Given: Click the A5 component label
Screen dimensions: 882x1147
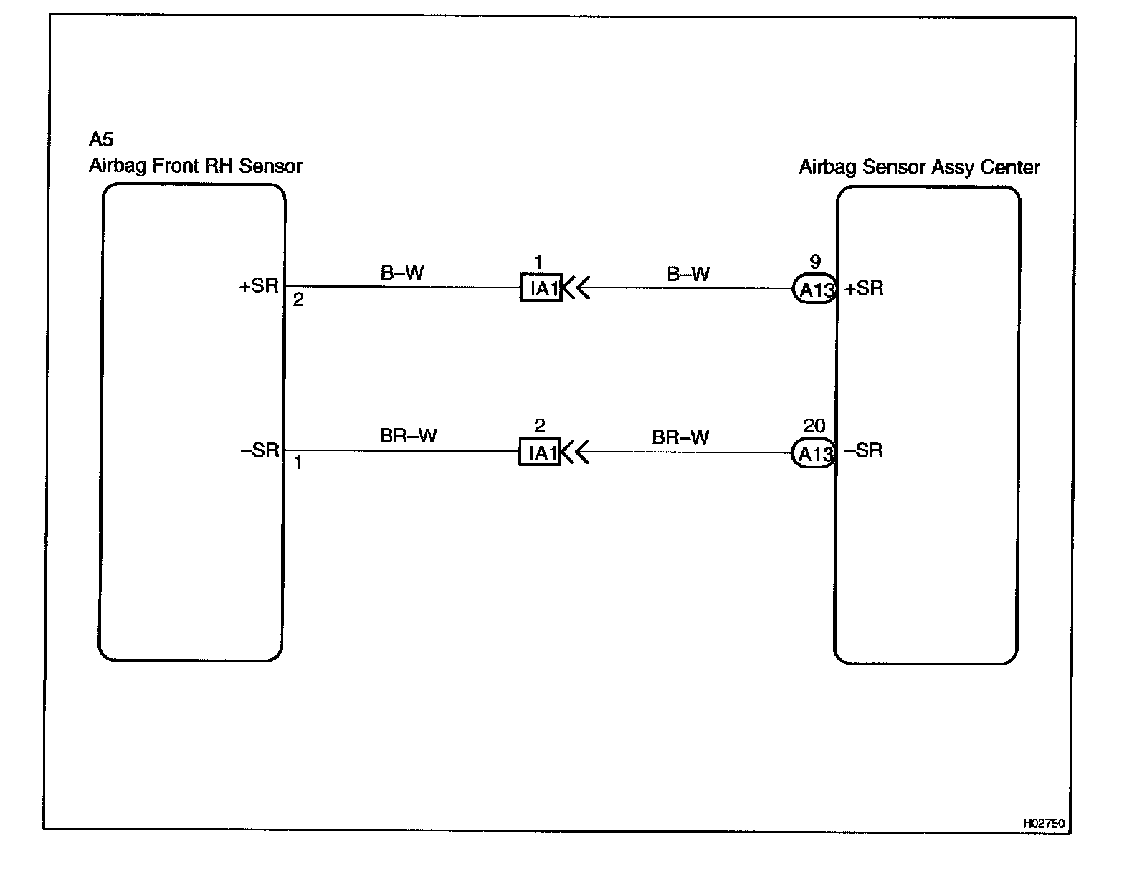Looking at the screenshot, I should point(101,139).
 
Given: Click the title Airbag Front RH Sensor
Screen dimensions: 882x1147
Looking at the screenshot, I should point(196,166).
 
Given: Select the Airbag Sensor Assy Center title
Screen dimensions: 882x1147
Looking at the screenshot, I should point(919,168).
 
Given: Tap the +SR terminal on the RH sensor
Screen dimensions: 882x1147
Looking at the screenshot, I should point(259,285).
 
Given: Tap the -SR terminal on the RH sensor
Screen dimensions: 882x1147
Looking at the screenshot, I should point(260,450).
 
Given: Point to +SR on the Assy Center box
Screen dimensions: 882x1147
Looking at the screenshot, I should point(864,288).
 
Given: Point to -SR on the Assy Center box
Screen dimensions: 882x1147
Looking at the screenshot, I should point(863,451).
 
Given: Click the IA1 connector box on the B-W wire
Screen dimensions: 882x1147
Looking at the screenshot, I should point(541,288).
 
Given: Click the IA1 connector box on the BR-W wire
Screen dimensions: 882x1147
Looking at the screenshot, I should point(540,453).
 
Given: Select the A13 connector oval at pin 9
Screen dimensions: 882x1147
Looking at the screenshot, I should point(815,289).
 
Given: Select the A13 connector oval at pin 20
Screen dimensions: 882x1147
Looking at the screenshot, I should point(814,453).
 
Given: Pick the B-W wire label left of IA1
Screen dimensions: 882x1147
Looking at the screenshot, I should point(402,273).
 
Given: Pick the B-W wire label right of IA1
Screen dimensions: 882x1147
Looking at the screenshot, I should point(688,275).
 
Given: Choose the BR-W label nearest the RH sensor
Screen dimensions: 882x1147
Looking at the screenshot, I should point(408,436).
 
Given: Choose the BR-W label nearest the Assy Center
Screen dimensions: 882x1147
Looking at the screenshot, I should point(680,437).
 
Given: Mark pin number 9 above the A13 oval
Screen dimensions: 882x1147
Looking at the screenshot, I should point(814,262).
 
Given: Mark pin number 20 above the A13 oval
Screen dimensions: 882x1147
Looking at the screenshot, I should point(814,427).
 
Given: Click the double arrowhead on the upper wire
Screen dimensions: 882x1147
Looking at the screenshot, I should point(576,288).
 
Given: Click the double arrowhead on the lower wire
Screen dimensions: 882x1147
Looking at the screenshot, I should point(575,453).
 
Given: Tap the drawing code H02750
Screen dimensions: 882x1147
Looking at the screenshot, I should point(1043,824).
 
